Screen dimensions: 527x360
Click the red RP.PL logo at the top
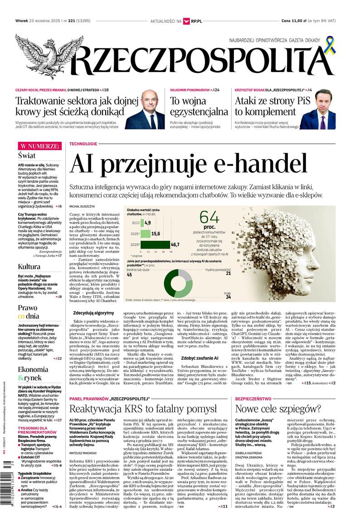[193, 21]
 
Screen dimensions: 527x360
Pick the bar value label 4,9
[147, 223]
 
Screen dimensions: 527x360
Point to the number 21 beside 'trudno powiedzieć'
[228, 273]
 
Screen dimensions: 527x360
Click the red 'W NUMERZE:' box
[39, 146]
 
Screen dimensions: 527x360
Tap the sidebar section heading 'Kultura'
[29, 266]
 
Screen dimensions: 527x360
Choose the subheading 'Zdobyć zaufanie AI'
[200, 358]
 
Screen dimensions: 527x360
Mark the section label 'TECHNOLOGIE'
[83, 144]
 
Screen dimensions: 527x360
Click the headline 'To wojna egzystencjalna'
[199, 106]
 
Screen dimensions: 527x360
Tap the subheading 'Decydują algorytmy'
[93, 313]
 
